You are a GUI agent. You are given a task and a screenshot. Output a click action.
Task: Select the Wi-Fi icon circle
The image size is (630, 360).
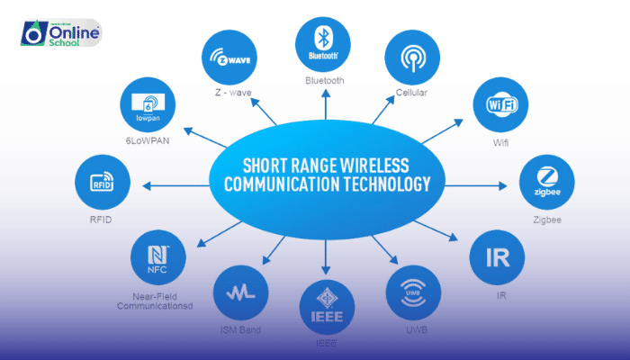(x=500, y=106)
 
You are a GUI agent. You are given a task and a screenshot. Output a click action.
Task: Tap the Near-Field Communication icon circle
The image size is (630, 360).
(x=158, y=256)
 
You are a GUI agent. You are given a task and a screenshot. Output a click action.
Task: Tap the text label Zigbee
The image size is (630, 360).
(x=547, y=219)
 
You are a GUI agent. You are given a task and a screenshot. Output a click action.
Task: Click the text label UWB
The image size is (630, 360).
(x=413, y=329)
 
